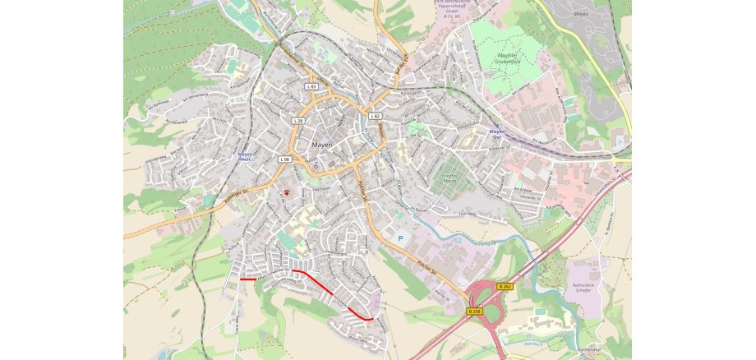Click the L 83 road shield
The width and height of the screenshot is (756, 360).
click(311, 85)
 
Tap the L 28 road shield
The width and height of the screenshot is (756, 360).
click(297, 120)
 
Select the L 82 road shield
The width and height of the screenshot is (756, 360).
click(375, 116)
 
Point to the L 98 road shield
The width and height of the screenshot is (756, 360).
click(285, 158)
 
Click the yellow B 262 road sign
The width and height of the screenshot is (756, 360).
click(505, 286)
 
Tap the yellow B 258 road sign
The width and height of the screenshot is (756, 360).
click(475, 311)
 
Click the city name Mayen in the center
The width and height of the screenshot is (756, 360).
click(323, 145)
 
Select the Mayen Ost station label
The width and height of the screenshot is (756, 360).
click(496, 134)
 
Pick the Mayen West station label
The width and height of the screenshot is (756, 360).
click(244, 156)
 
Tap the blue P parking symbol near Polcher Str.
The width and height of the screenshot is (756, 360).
click(400, 238)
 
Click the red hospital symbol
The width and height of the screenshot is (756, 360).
click(287, 192)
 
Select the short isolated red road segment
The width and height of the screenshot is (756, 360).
click(248, 279)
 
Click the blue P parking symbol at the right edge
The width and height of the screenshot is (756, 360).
click(618, 141)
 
